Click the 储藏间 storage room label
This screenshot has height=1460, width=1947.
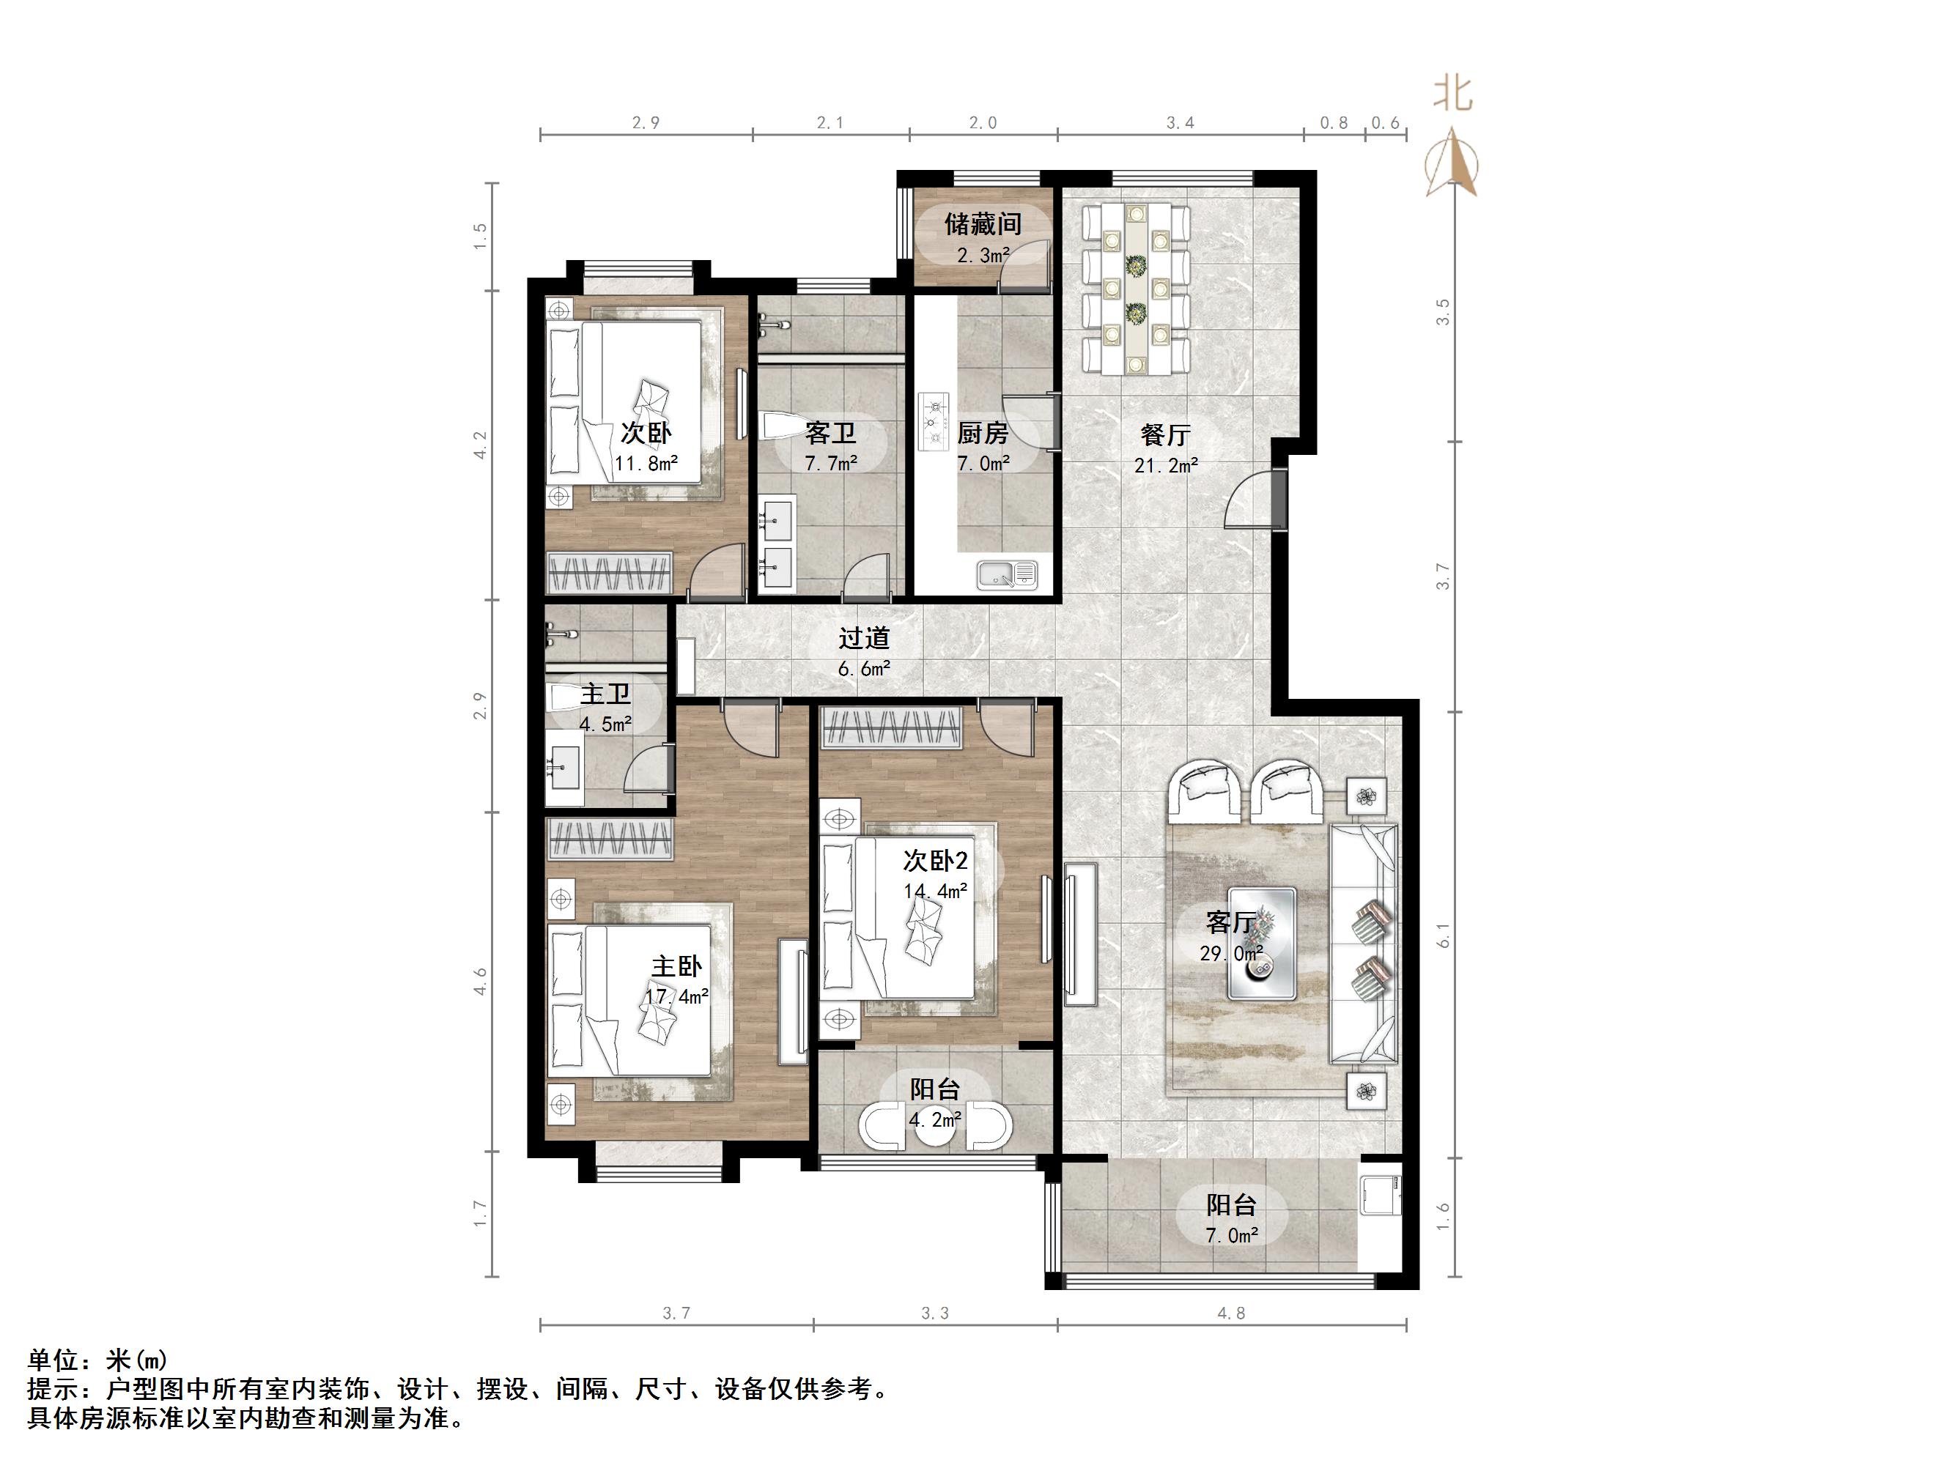click(x=983, y=224)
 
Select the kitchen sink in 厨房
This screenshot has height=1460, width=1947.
click(x=1007, y=574)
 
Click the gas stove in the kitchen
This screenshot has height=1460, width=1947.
click(x=934, y=423)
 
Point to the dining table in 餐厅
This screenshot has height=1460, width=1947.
click(x=1136, y=289)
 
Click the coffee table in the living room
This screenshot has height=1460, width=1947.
click(x=1262, y=944)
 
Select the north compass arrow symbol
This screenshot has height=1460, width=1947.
click(x=1452, y=163)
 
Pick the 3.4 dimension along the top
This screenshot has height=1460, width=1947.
click(x=1180, y=123)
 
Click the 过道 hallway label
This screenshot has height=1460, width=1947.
click(x=863, y=637)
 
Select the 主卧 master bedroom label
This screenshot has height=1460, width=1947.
click(x=676, y=966)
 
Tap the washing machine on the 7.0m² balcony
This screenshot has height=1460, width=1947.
click(x=1380, y=1194)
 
